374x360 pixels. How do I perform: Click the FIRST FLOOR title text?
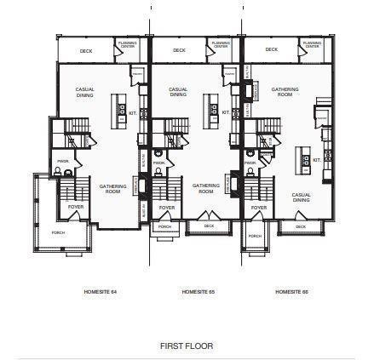pos(187,346)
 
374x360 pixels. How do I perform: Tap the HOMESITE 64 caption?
pos(101,292)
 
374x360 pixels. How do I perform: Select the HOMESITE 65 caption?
pos(198,292)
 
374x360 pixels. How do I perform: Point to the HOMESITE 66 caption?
pos(291,292)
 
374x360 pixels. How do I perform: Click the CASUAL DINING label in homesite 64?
pos(86,91)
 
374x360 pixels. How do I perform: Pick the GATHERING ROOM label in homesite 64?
pos(112,188)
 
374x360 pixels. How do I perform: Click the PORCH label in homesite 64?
pos(59,231)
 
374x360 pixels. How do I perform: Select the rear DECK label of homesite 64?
pos(85,50)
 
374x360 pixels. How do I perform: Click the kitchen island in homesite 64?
pos(121,111)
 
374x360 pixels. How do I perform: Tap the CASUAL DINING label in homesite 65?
pos(178,91)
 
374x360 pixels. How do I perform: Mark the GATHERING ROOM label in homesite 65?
pos(205,188)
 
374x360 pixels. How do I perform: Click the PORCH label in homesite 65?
pos(165,226)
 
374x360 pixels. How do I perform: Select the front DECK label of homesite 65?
pos(209,226)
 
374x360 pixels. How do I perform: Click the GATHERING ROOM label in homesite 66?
pos(285,91)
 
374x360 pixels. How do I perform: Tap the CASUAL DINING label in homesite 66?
pos(301,197)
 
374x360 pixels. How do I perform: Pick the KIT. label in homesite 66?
pos(316,160)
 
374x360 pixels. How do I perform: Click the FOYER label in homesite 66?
pos(259,207)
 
